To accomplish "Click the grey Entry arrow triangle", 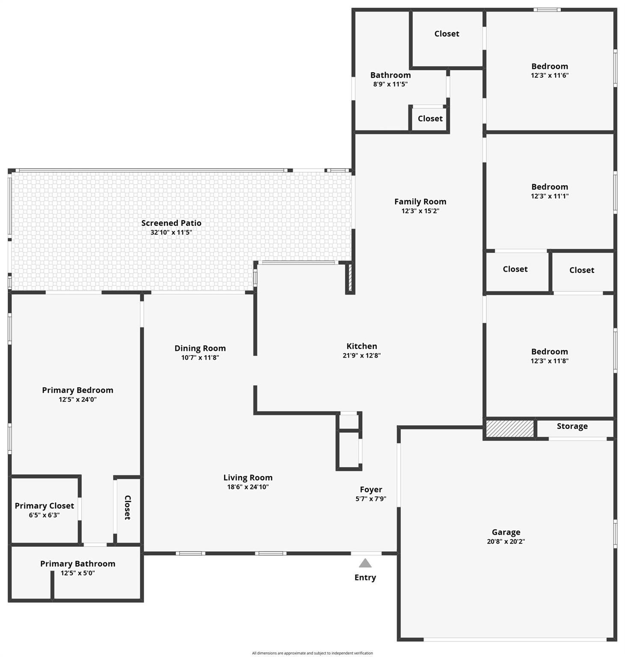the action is click(365, 563).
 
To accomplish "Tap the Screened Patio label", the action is click(171, 223).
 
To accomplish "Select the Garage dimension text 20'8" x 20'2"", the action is click(506, 541).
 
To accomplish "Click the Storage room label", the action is click(572, 426).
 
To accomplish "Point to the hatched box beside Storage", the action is click(510, 429).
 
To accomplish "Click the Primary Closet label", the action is click(45, 506).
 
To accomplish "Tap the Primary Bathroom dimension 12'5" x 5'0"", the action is click(77, 573).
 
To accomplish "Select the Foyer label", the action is click(371, 490).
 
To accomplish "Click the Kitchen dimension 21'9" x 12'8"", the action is click(362, 355).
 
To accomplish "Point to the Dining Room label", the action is click(200, 348).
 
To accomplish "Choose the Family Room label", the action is click(420, 201).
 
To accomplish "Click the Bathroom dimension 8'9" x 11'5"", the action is click(390, 84).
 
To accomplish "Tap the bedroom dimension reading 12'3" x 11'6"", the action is click(550, 75).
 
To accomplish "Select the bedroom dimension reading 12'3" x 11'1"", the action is click(550, 196).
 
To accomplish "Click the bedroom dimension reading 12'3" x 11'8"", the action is click(550, 361).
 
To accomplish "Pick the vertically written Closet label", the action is click(127, 508).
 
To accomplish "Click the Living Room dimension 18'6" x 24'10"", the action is click(248, 487).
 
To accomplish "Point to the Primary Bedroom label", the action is click(77, 390).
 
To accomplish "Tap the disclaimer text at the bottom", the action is click(312, 653).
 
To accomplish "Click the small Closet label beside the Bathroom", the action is click(430, 118).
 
